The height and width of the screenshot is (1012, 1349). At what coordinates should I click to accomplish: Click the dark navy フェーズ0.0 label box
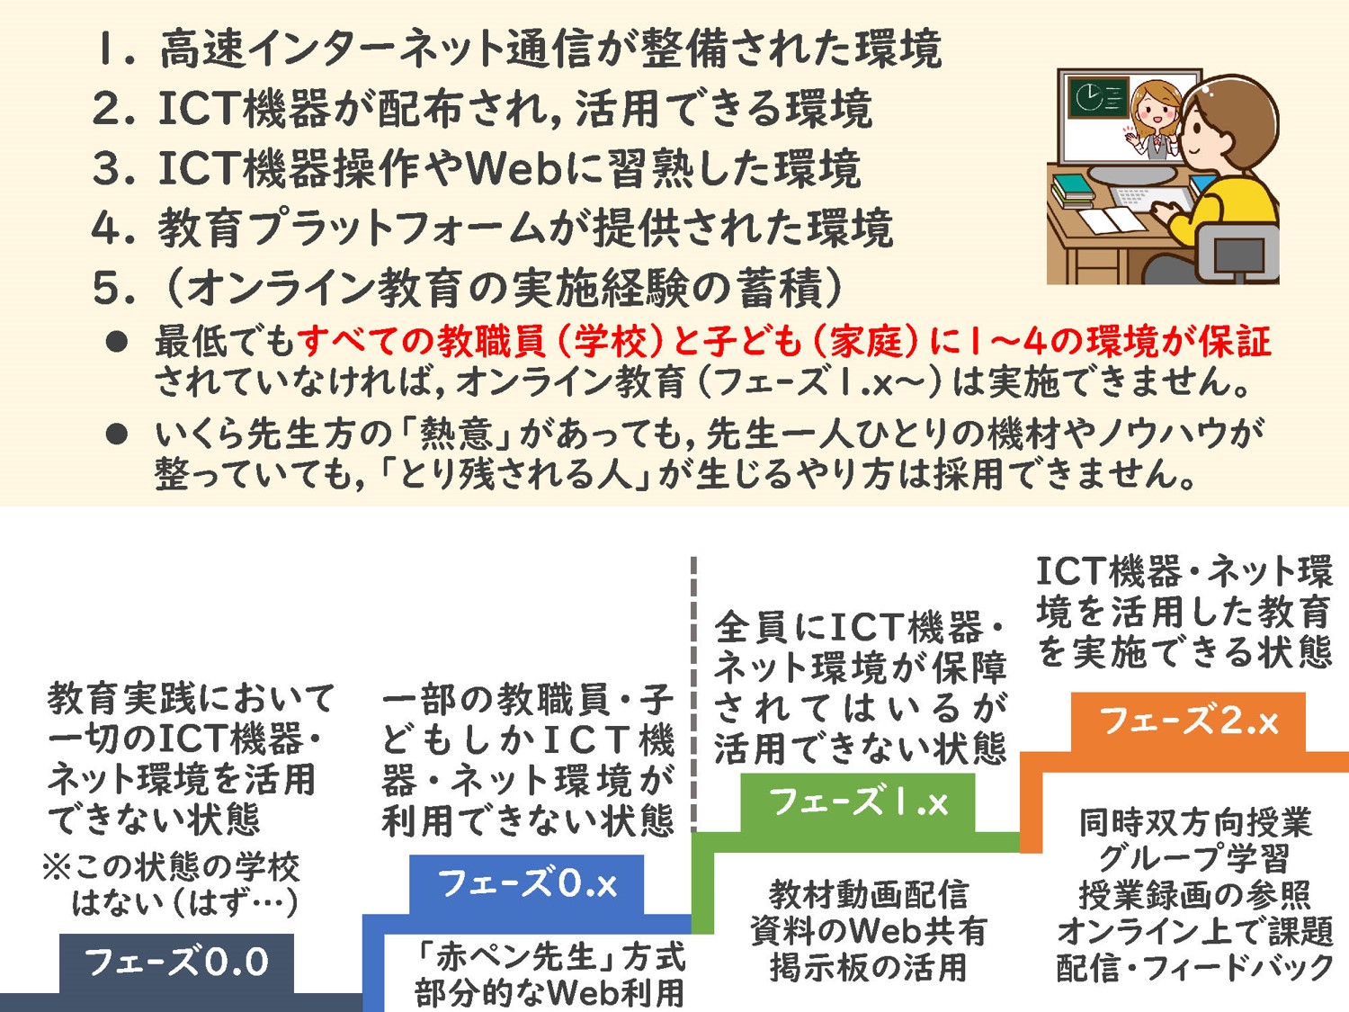pos(176,963)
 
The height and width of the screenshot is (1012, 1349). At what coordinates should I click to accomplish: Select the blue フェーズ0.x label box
pos(527,884)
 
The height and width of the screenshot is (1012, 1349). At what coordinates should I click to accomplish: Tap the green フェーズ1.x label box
pos(858,802)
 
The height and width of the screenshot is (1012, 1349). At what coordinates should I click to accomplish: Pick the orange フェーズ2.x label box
pos(1188,721)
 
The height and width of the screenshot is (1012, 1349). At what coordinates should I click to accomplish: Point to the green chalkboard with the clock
pos(1101,98)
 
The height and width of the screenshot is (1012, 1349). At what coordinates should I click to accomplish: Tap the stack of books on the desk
pos(1074,191)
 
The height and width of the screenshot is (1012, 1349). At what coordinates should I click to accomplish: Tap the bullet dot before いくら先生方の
pos(117,434)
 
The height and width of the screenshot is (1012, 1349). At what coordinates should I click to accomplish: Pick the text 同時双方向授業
pos(1195,823)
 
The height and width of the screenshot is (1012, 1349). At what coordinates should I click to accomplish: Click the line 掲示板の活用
pos(869,967)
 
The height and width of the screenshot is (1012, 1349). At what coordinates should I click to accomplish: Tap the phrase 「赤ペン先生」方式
pos(549,957)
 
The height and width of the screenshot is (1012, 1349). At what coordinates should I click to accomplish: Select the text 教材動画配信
pos(869,895)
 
